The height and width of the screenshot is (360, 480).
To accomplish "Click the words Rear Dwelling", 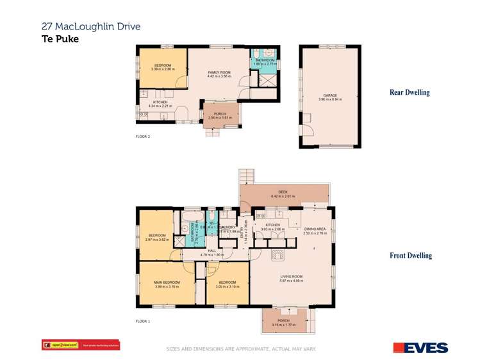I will point(410,92).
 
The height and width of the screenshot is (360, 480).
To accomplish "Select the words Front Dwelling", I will point(411,256).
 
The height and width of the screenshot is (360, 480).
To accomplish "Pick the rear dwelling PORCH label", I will point(220,116).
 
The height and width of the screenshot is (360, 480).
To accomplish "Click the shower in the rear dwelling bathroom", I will point(264,80).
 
